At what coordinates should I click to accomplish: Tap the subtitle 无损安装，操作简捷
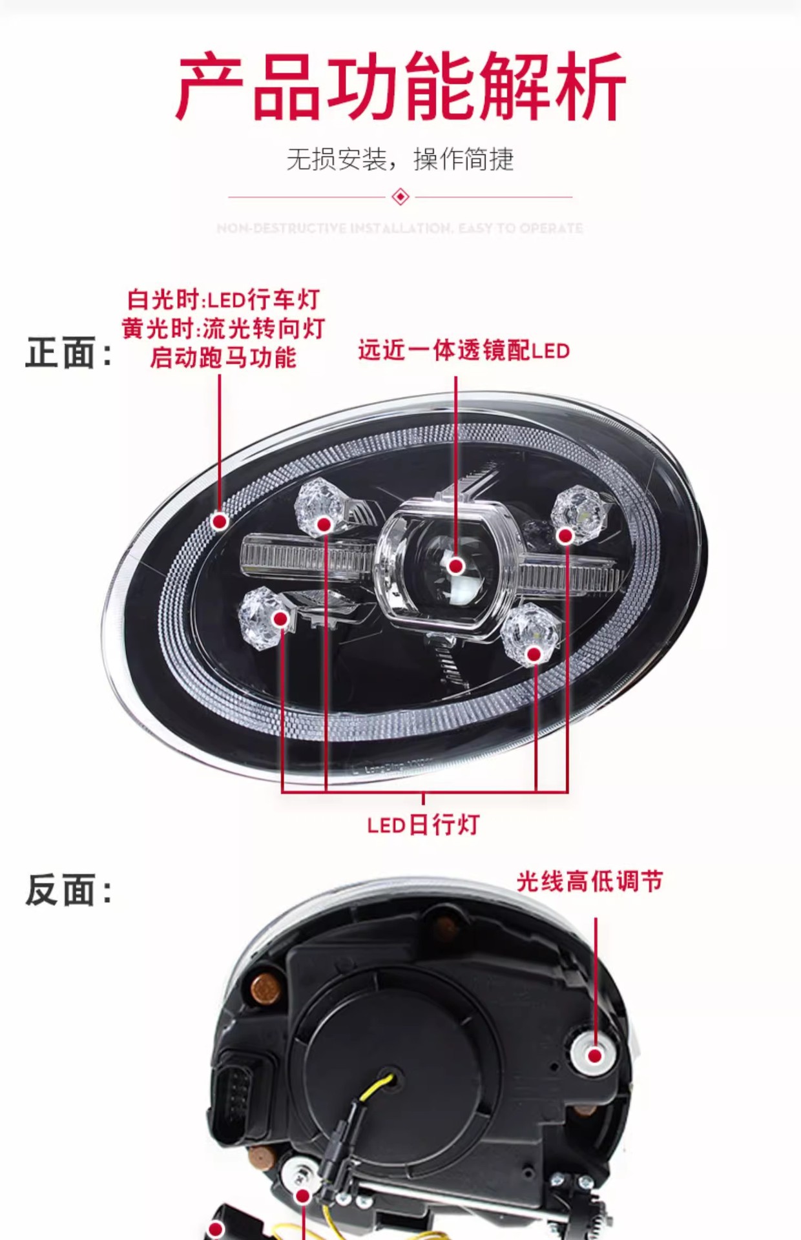[400, 160]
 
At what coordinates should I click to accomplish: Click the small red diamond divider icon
[400, 196]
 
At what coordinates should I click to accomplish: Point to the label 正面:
[68, 353]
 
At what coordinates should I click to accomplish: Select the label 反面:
[68, 890]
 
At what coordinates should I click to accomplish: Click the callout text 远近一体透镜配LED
[464, 351]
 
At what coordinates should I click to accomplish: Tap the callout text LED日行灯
[423, 825]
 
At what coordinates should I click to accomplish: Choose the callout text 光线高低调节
[590, 882]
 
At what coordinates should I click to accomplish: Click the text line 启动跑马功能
[223, 357]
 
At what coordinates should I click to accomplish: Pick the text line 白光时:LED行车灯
[223, 300]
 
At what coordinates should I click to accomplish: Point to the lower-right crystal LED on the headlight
[530, 636]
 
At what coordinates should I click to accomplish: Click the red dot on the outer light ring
[220, 521]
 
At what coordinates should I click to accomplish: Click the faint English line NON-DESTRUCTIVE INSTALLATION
[400, 228]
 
